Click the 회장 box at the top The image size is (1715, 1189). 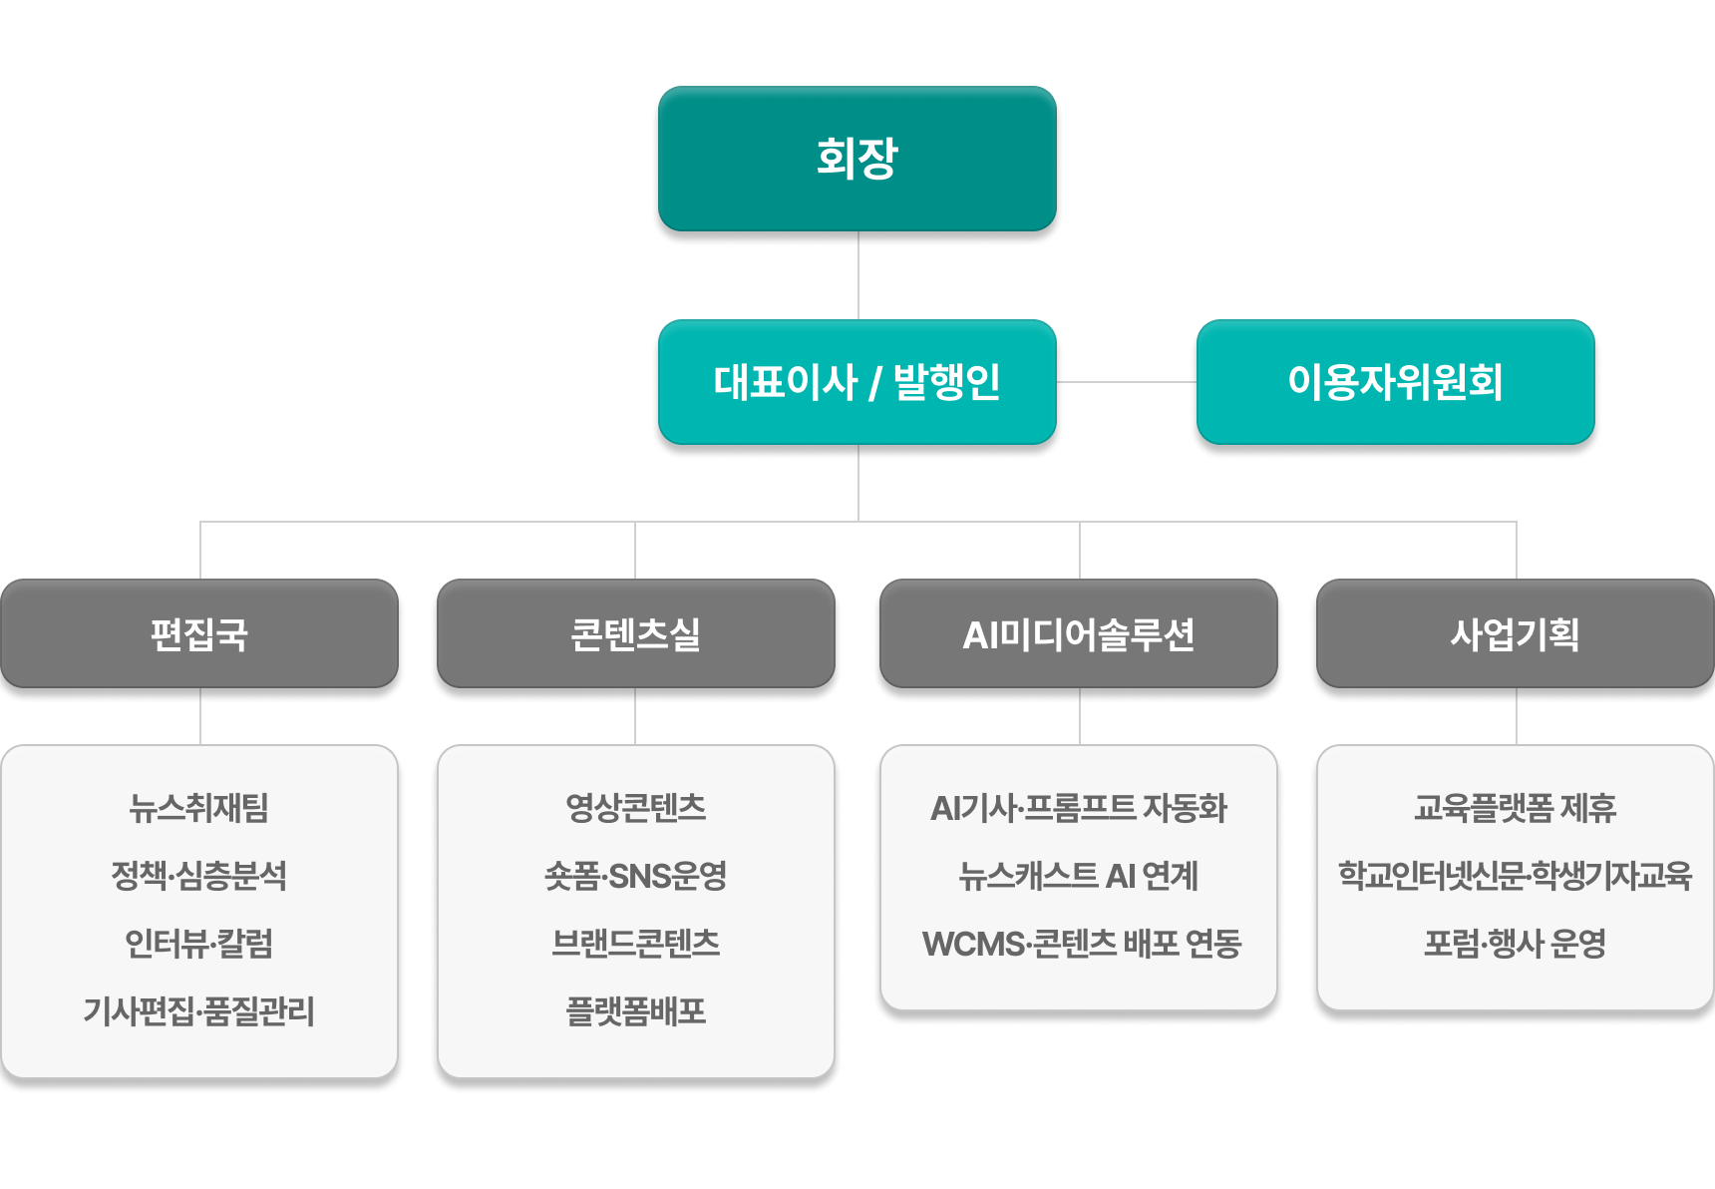point(857,159)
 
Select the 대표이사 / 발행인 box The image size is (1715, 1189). point(857,382)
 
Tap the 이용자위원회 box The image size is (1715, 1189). point(1395,382)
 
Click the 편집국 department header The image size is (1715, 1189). point(199,634)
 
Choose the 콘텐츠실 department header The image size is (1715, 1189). point(635,634)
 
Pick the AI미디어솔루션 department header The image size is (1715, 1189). point(1079,634)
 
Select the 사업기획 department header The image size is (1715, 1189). point(1515,634)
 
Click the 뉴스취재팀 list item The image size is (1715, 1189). point(199,808)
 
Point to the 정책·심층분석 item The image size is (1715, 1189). point(199,876)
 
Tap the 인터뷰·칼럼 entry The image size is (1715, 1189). point(199,944)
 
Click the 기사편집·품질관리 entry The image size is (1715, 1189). point(199,1011)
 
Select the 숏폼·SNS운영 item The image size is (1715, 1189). point(635,876)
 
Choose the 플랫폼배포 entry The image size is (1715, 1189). point(635,1011)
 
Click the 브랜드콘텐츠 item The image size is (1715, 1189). point(635,944)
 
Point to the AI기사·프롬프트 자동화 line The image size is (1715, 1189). point(1079,808)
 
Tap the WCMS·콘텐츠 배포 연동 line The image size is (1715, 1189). point(1082,944)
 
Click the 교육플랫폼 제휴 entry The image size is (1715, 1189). point(1515,808)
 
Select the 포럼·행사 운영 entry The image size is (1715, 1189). point(1515,944)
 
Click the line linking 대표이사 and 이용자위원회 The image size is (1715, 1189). point(1126,381)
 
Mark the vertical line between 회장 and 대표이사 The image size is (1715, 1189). point(858,275)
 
